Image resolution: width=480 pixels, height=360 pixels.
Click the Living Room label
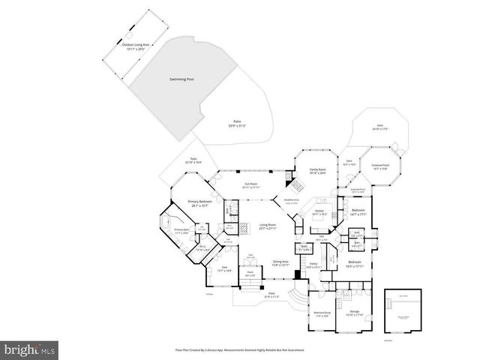pyautogui.click(x=268, y=226)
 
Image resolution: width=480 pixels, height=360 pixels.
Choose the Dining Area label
pyautogui.click(x=280, y=263)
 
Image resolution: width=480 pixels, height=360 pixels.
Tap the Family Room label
pyautogui.click(x=317, y=171)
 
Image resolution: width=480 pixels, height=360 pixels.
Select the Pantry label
pyautogui.click(x=314, y=265)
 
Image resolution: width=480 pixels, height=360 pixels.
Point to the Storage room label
pyautogui.click(x=355, y=313)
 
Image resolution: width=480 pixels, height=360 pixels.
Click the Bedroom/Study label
pyautogui.click(x=322, y=313)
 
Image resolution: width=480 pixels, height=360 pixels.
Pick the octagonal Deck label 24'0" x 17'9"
pyautogui.click(x=381, y=127)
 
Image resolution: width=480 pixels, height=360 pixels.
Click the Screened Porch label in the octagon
pyautogui.click(x=379, y=167)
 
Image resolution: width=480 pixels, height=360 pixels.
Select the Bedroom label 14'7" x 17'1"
pyautogui.click(x=358, y=212)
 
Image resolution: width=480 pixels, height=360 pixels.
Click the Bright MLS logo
pyautogui.click(x=30, y=349)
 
